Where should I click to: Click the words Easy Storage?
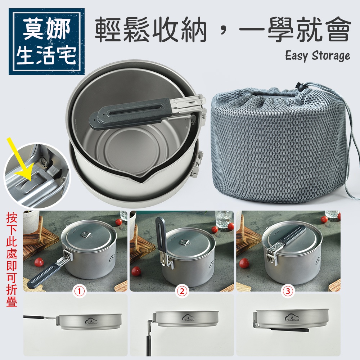tap(318, 55)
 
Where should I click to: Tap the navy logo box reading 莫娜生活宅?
tap(47, 41)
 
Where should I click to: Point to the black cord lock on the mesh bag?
tap(298, 86)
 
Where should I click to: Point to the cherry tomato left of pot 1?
tap(39, 262)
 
